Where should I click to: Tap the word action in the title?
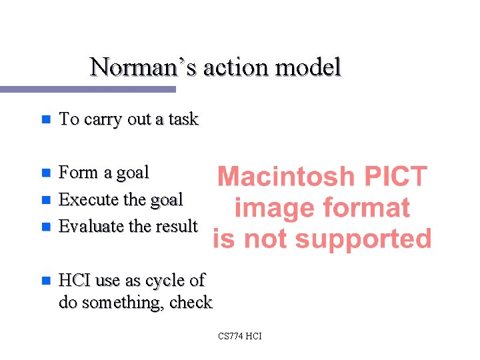(x=235, y=67)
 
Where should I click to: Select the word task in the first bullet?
(x=183, y=119)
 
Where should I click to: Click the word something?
(x=123, y=303)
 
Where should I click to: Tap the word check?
(x=191, y=303)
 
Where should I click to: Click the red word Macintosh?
(x=287, y=177)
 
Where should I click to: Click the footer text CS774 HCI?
(x=240, y=336)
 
